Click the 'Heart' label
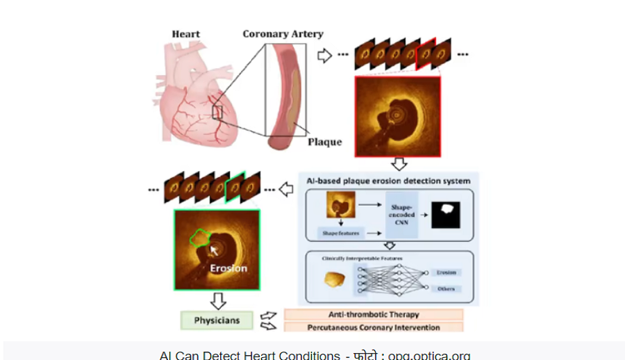coord(186,34)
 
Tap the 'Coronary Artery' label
coord(283,34)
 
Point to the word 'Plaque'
coord(325,142)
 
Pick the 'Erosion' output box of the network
coord(446,272)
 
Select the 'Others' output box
coord(446,288)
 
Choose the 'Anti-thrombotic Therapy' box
coord(373,314)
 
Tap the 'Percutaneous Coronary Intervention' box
coord(373,327)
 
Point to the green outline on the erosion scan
coord(201,238)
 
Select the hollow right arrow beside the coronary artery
coord(324,56)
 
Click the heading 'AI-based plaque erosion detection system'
coord(389,181)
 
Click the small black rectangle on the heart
coord(217,112)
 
